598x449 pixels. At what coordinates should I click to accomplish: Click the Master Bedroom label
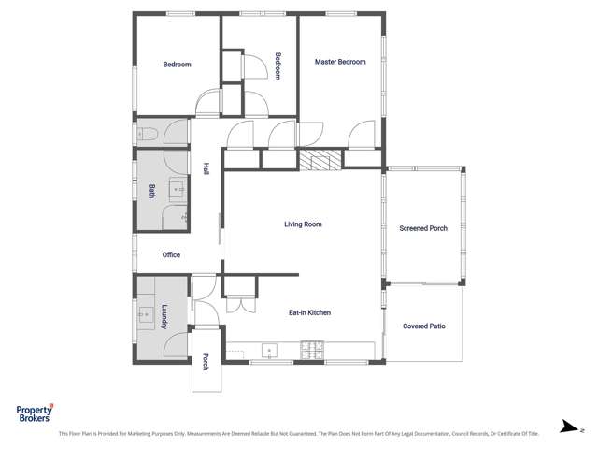pyautogui.click(x=340, y=62)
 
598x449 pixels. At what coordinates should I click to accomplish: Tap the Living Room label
pyautogui.click(x=303, y=224)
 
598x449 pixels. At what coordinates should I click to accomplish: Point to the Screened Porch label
pyautogui.click(x=423, y=228)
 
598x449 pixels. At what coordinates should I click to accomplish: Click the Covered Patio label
pyautogui.click(x=423, y=326)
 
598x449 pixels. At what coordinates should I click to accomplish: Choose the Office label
pyautogui.click(x=171, y=254)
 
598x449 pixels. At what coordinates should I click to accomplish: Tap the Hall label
pyautogui.click(x=206, y=169)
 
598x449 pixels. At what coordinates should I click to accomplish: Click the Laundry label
pyautogui.click(x=164, y=318)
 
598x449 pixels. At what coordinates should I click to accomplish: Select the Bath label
pyautogui.click(x=151, y=191)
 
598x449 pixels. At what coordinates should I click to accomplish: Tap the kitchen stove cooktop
pyautogui.click(x=312, y=351)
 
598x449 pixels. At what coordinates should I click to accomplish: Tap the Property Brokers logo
pyautogui.click(x=36, y=413)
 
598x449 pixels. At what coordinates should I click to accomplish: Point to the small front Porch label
pyautogui.click(x=206, y=360)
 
